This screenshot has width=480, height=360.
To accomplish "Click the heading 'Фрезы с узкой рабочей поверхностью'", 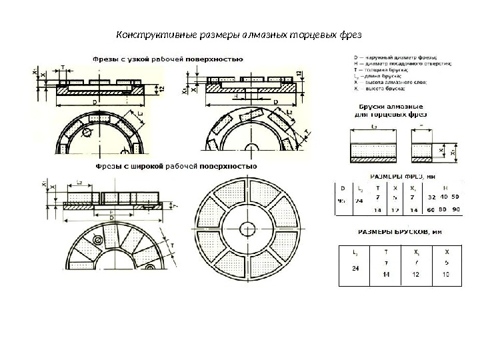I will (166, 59).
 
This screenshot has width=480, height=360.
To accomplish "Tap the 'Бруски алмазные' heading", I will (388, 107).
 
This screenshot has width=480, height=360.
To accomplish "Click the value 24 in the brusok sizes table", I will (355, 269).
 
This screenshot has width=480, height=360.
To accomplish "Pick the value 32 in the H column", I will (431, 198).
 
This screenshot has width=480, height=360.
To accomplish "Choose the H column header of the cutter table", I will (444, 187).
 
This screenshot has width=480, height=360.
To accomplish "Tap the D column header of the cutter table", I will (343, 187).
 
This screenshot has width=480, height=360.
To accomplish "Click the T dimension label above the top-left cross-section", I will (63, 67).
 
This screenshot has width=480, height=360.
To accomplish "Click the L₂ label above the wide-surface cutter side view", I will (79, 182).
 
